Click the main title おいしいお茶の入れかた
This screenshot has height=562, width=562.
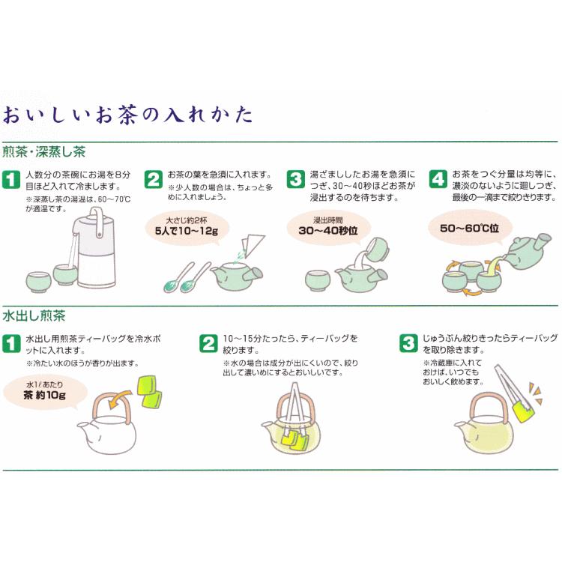coord(127,115)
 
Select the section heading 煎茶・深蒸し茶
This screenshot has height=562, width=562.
coord(44,152)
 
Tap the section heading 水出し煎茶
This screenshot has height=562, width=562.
coord(34,315)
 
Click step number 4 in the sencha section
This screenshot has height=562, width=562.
coord(438,179)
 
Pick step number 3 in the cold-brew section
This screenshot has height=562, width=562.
coord(408,343)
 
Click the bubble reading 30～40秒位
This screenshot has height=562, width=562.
coord(328,227)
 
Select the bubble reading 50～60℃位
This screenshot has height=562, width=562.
coord(470,228)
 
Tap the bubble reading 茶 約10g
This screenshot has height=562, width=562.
coord(45,391)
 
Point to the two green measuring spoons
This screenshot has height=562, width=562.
coord(187,277)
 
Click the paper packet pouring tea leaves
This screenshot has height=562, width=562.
coord(253,244)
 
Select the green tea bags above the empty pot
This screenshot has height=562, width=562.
coord(149,391)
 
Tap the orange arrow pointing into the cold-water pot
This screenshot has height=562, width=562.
coord(119,399)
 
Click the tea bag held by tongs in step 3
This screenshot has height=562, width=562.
coord(523,411)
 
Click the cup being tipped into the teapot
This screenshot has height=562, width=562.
coord(376,249)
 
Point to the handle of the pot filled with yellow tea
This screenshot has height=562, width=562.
coord(489,407)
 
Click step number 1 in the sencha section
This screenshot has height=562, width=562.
coord(11,179)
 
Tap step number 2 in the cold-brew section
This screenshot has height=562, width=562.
coord(208,343)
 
